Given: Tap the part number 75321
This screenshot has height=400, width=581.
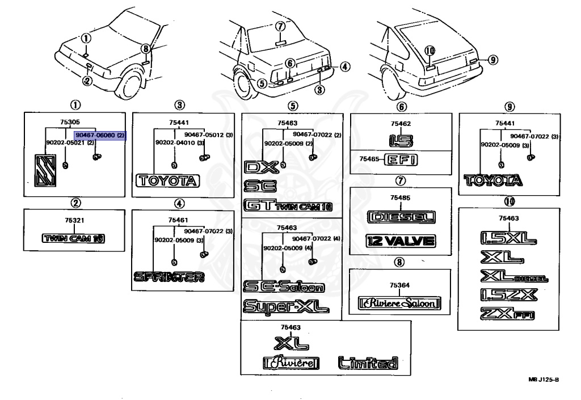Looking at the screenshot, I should [74, 220].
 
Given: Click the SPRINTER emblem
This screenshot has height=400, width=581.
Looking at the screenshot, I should [169, 277].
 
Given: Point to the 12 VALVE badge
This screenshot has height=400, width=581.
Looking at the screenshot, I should [401, 241].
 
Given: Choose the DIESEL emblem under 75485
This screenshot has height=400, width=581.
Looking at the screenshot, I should [401, 217].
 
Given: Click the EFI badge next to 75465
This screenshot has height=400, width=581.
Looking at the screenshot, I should [401, 161].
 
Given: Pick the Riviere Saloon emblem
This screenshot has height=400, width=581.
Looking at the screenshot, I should [399, 304].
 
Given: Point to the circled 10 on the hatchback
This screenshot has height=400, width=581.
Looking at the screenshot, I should [430, 50].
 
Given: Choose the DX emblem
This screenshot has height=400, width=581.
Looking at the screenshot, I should [259, 167].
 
